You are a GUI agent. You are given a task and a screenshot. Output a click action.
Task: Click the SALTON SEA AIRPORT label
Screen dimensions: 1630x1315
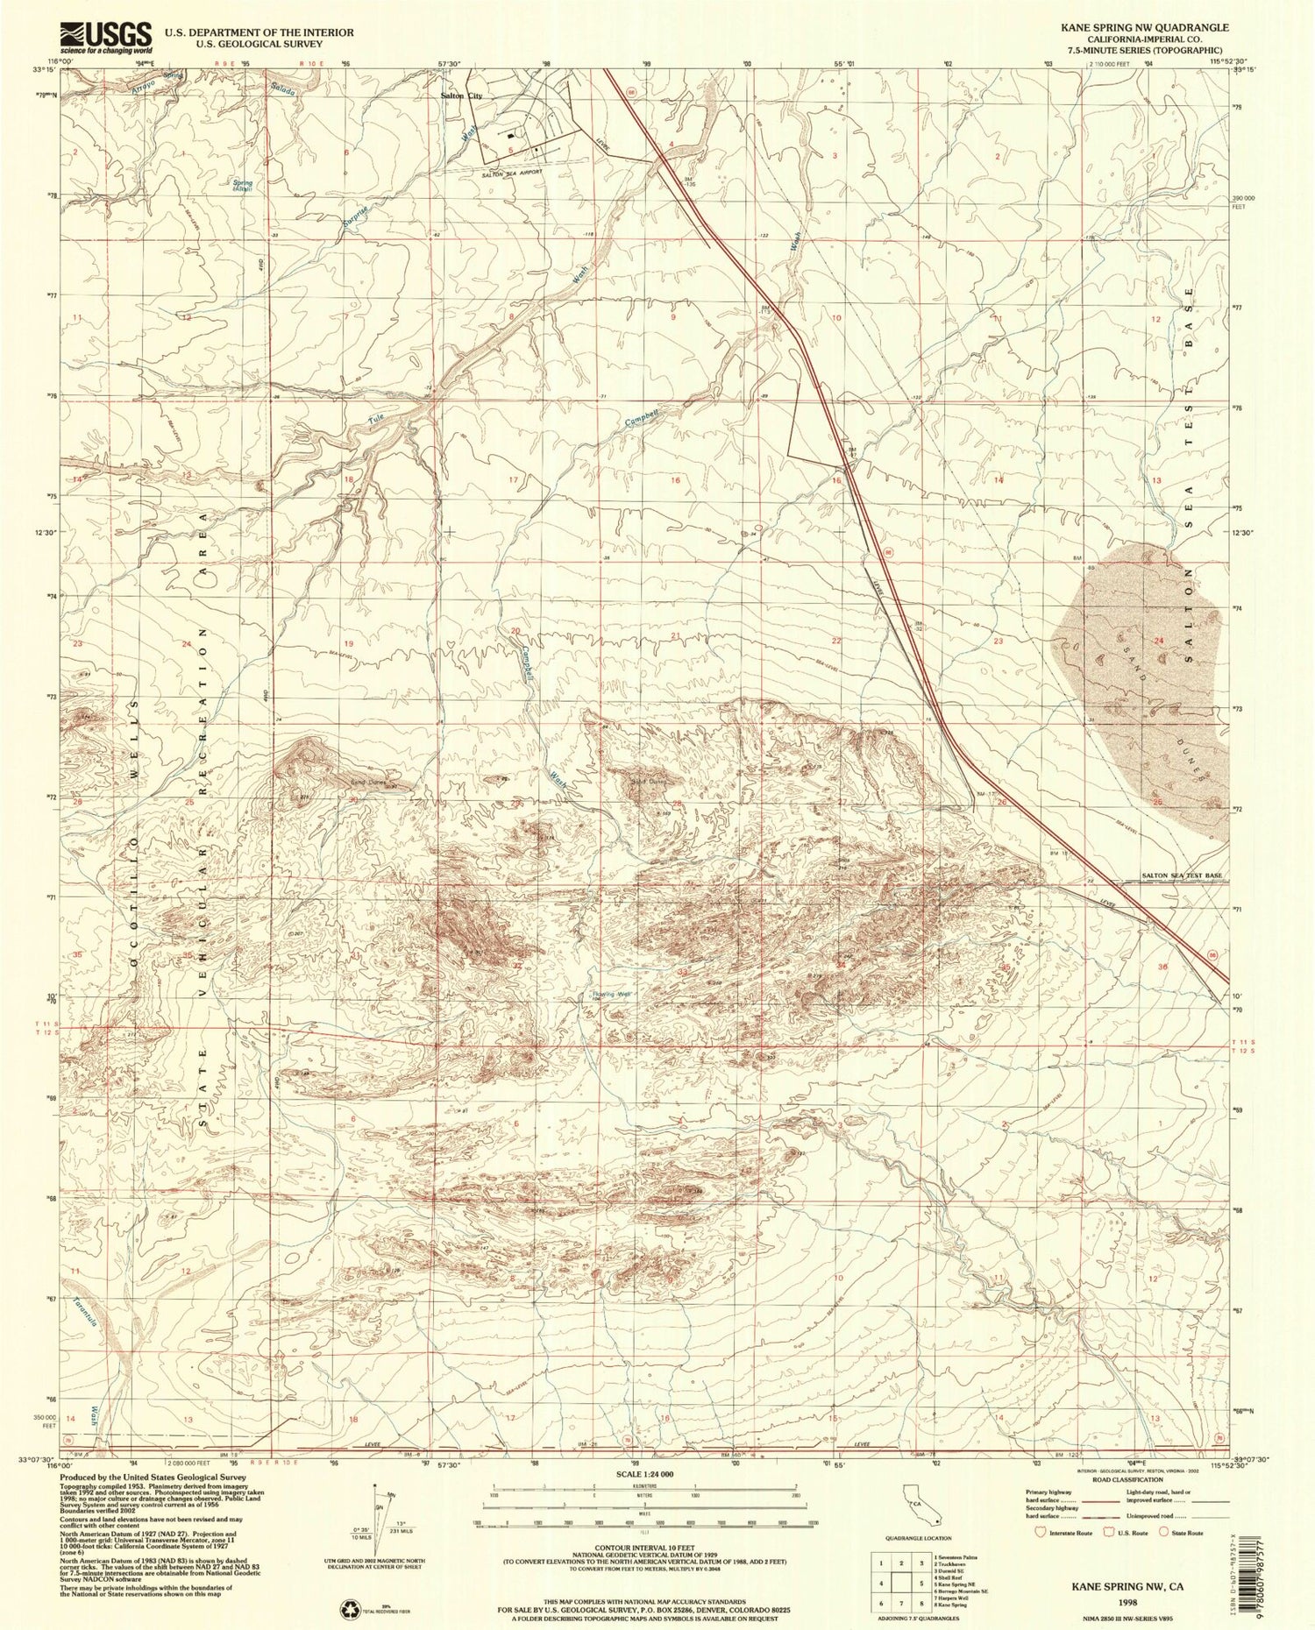point(512,174)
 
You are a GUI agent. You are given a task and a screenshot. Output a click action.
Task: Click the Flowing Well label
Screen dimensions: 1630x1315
point(612,994)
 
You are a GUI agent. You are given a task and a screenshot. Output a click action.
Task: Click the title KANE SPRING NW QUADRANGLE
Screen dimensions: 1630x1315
point(1145,27)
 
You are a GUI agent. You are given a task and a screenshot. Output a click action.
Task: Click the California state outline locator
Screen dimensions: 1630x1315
point(923,1503)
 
